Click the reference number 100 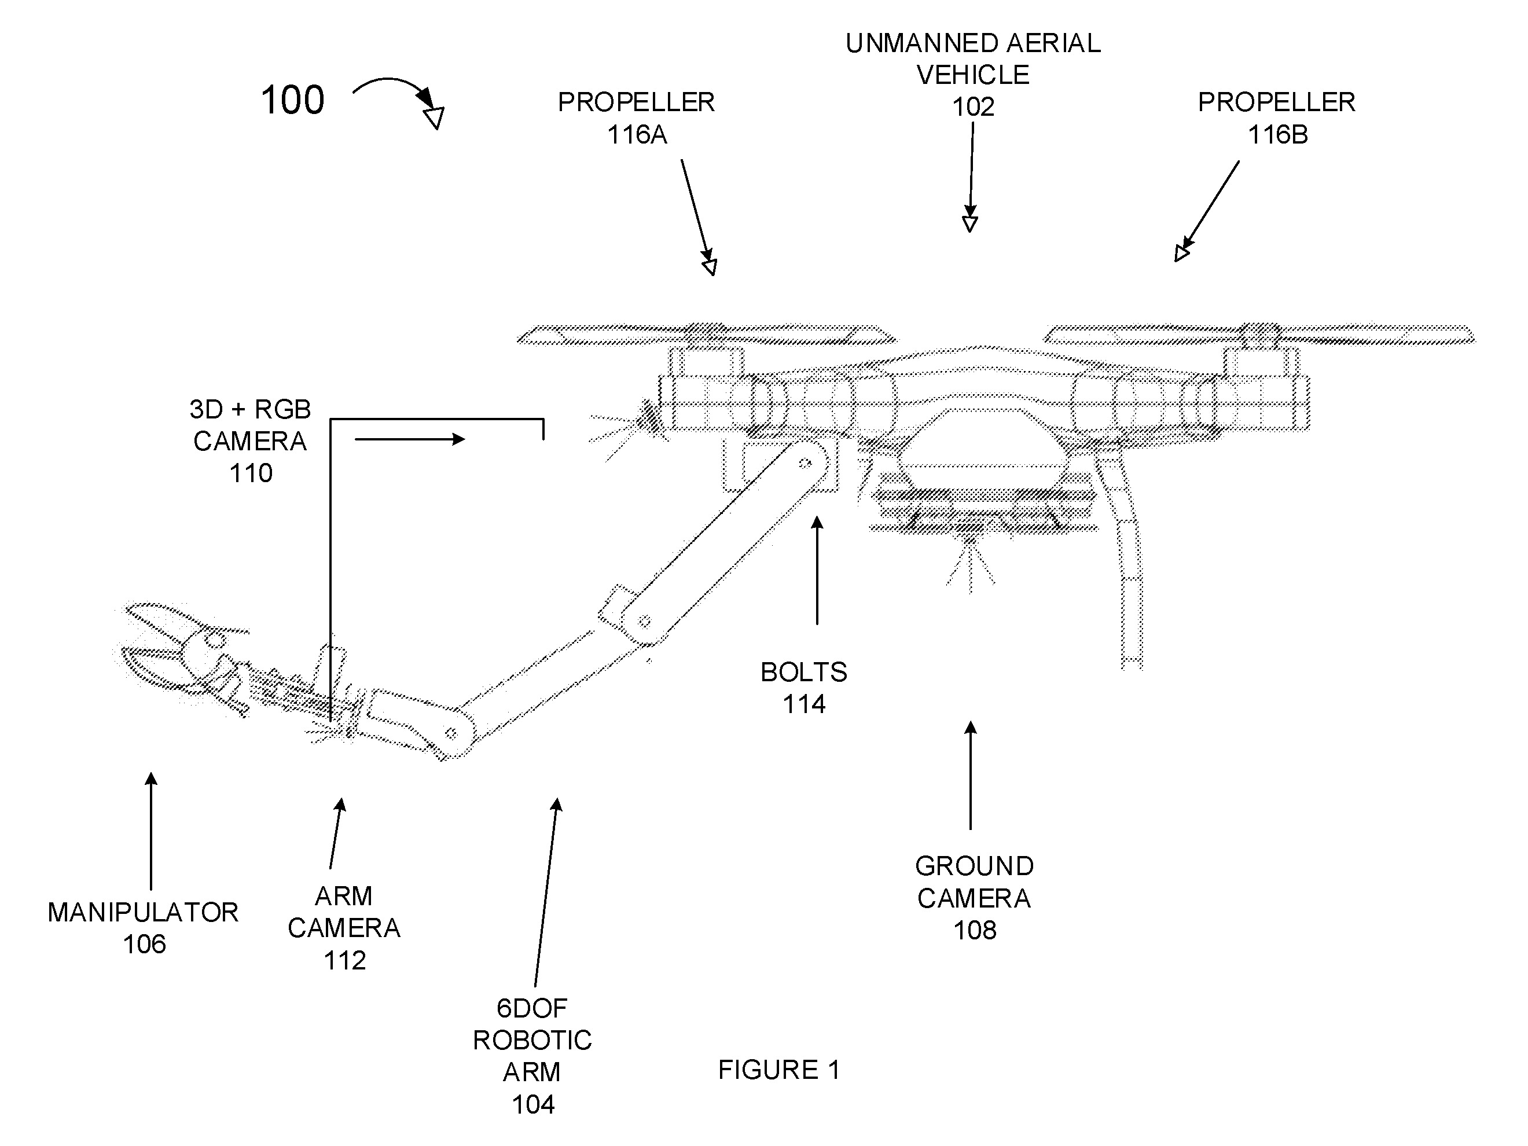(292, 100)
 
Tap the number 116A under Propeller (637, 135)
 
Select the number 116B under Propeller (1277, 135)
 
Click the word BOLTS (803, 672)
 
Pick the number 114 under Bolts (803, 704)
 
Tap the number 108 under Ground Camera (975, 931)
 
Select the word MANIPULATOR (143, 913)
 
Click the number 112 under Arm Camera (345, 960)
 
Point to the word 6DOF (532, 1008)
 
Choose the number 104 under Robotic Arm (532, 1104)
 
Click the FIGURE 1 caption (779, 1070)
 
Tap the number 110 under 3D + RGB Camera (251, 473)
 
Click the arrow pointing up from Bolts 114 (817, 571)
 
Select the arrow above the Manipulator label (150, 831)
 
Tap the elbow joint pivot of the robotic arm (643, 621)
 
